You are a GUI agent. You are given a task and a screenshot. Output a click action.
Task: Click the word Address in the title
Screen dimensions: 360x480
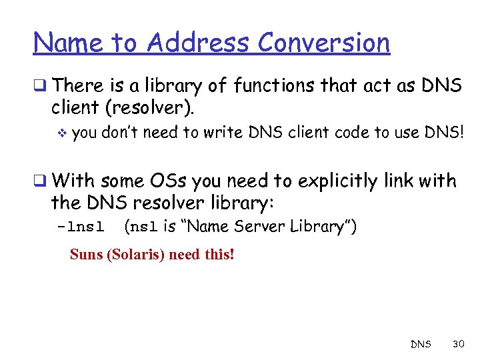199,43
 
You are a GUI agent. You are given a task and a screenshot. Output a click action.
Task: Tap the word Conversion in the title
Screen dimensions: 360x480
323,43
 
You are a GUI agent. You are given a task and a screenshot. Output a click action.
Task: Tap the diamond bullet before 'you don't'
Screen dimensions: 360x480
63,133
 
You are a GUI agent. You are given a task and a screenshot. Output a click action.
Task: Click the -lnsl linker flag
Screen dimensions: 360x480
81,227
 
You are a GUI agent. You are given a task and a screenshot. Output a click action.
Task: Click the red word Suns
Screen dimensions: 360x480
86,255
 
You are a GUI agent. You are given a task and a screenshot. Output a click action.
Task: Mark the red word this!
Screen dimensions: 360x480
219,255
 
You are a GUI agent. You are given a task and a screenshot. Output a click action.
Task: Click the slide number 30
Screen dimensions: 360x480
458,344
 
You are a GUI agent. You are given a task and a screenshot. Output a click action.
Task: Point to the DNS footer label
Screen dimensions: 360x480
421,345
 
